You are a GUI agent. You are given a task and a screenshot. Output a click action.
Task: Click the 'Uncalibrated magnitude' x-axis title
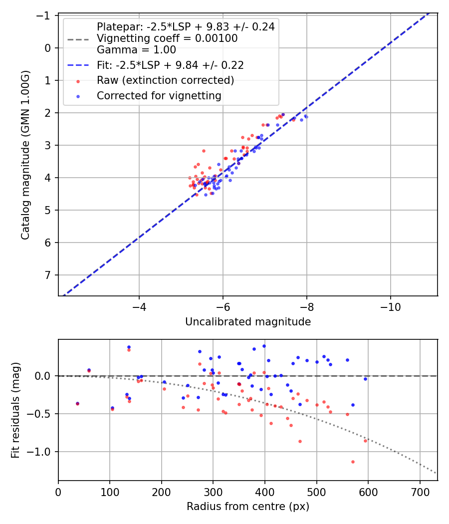[x=248, y=322]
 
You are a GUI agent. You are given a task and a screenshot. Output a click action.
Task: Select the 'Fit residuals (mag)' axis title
[x=15, y=410]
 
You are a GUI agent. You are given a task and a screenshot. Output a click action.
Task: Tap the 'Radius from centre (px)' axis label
[x=248, y=507]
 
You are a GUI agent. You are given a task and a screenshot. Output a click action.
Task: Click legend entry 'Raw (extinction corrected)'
[x=165, y=80]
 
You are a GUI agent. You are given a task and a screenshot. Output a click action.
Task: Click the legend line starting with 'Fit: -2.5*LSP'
[x=170, y=65]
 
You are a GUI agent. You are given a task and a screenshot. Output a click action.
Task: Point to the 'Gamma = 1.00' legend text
[x=136, y=50]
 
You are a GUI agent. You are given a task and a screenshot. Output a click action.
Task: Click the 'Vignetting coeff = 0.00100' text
[x=167, y=38]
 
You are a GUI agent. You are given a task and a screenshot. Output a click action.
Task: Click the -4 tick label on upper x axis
[x=139, y=305]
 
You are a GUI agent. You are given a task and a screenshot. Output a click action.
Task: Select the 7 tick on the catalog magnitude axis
[x=48, y=275]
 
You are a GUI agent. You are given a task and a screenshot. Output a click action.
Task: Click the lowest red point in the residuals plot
[x=353, y=462]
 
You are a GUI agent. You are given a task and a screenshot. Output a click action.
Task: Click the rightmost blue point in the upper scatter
[x=306, y=116]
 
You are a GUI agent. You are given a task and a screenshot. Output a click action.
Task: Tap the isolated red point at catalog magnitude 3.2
[x=204, y=151]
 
